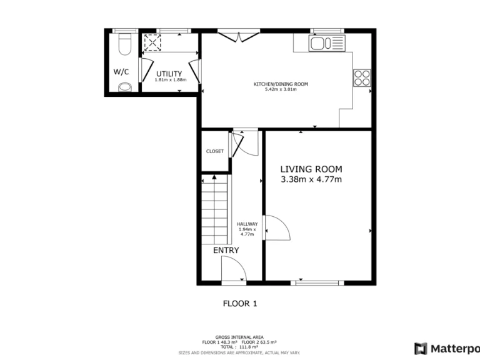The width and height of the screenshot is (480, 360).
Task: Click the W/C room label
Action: [121, 71]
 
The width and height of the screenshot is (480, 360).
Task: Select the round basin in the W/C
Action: [126, 87]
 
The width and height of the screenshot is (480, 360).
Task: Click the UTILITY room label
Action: [169, 74]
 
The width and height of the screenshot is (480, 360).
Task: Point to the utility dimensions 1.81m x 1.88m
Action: [169, 80]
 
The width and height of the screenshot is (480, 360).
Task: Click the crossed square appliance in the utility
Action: [152, 41]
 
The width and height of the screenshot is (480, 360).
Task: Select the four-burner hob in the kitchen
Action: [361, 77]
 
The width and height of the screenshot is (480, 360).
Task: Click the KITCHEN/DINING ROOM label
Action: [280, 84]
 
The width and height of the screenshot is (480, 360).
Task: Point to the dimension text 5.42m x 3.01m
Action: [280, 89]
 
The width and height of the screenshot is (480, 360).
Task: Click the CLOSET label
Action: [215, 151]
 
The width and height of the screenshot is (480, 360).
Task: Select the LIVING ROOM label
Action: [311, 169]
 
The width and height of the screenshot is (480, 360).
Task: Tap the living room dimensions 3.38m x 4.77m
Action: [311, 180]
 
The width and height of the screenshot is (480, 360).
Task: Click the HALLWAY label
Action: [247, 224]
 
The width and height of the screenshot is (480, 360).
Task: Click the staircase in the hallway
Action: [214, 209]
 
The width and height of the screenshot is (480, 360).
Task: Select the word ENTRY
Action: [226, 250]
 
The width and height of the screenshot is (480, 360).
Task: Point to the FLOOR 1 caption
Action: [240, 304]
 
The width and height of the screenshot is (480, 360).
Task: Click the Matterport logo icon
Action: [421, 347]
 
